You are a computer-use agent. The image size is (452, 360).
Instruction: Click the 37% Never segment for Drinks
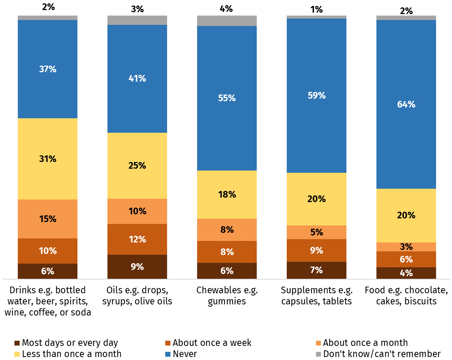pyautogui.click(x=47, y=69)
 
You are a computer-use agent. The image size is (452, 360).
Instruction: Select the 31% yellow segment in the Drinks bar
pyautogui.click(x=47, y=159)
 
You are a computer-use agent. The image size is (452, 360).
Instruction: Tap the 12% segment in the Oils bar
pyautogui.click(x=137, y=239)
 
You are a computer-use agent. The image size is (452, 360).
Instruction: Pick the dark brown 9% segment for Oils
pyautogui.click(x=137, y=267)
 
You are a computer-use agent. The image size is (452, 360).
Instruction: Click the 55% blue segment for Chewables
pyautogui.click(x=227, y=98)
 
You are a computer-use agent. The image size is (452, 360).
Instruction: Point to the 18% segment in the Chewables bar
pyautogui.click(x=227, y=194)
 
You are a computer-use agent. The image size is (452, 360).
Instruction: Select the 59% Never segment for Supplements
pyautogui.click(x=316, y=95)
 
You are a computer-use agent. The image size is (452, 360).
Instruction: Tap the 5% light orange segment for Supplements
pyautogui.click(x=316, y=232)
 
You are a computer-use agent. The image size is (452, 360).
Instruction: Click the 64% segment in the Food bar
pyautogui.click(x=406, y=104)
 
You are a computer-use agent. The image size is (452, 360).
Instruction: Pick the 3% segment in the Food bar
pyautogui.click(x=406, y=247)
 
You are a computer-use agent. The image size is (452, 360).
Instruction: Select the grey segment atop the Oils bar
pyautogui.click(x=137, y=20)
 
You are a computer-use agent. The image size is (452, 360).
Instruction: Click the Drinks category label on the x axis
pyautogui.click(x=47, y=301)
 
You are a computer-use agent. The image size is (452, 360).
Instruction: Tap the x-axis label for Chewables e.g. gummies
pyautogui.click(x=227, y=295)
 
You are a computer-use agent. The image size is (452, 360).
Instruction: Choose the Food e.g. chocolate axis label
pyautogui.click(x=406, y=295)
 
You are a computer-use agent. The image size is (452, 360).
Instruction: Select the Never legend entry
pyautogui.click(x=185, y=354)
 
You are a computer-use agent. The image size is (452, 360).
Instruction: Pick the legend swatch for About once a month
pyautogui.click(x=318, y=343)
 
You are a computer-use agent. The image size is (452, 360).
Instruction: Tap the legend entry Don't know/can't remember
pyautogui.click(x=382, y=354)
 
